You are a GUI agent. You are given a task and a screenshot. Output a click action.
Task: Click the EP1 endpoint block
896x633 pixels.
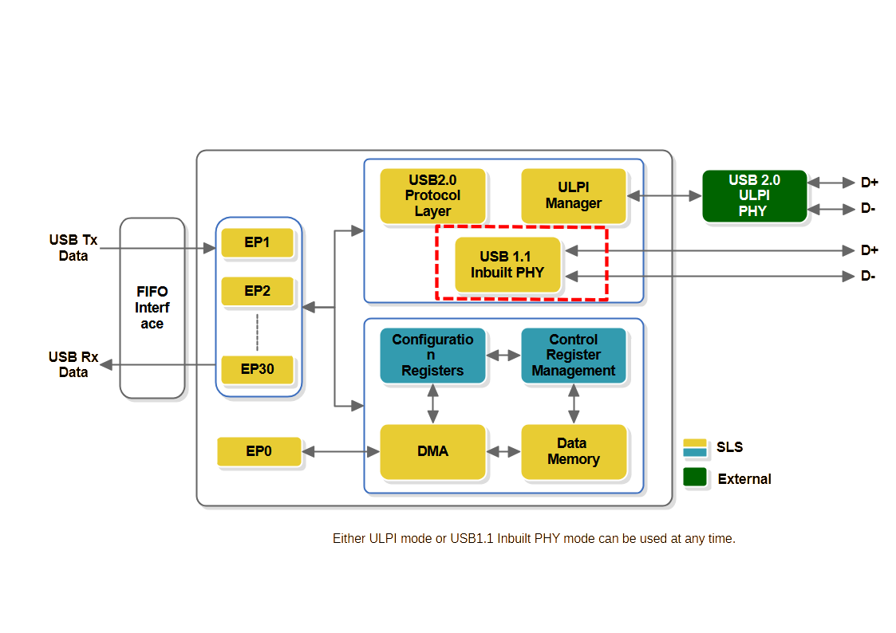[x=257, y=242]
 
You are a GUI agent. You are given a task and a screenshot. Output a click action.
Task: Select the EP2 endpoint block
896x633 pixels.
[x=257, y=291]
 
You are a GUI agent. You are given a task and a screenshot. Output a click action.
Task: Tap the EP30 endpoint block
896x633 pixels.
[x=257, y=370]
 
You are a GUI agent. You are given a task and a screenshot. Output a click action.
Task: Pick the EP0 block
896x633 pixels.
[x=259, y=451]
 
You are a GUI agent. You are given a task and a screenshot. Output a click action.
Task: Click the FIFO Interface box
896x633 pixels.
[x=152, y=308]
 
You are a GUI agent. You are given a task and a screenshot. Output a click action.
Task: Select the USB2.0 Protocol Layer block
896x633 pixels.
[x=432, y=195]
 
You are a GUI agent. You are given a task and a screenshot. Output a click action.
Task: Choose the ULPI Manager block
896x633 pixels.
[x=573, y=195]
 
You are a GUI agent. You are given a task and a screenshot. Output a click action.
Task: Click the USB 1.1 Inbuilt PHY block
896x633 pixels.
[x=507, y=264]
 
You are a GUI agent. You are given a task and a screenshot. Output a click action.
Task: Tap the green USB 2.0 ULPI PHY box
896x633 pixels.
[x=754, y=195]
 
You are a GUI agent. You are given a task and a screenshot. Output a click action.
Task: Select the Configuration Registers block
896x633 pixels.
[x=432, y=355]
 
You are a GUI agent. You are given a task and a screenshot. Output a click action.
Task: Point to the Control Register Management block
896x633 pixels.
[x=573, y=355]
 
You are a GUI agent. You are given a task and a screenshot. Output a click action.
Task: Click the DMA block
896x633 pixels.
[x=432, y=451]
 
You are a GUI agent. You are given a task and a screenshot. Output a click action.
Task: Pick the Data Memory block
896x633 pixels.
[x=573, y=451]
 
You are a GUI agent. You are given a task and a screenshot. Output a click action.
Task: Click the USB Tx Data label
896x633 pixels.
[x=73, y=248]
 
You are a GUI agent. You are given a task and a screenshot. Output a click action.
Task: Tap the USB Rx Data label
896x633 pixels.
[x=73, y=364]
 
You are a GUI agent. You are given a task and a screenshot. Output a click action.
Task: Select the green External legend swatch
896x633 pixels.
[x=695, y=478]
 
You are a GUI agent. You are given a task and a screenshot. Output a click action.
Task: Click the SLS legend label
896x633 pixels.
[x=729, y=447]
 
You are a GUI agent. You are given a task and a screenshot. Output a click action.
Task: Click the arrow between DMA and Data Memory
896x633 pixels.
[x=503, y=452]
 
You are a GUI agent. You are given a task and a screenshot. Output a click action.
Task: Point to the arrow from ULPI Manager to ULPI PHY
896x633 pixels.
[x=664, y=195]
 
